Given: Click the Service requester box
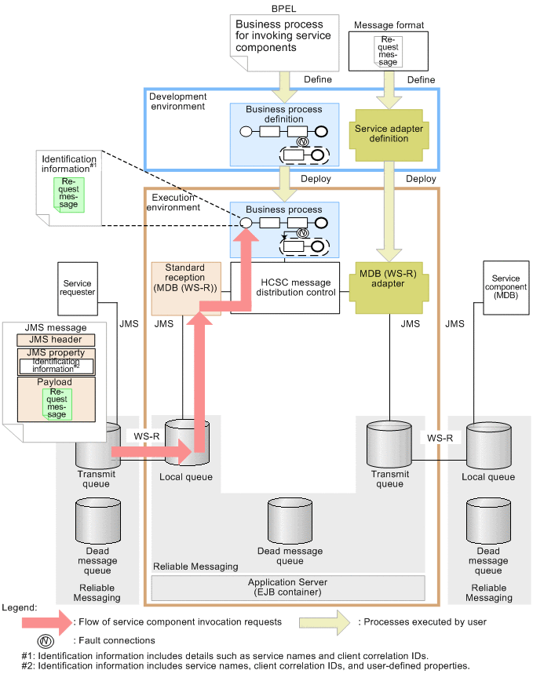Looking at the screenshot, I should click(x=77, y=288).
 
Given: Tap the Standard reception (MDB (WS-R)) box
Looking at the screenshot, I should click(x=185, y=288).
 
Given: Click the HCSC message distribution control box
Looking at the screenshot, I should click(x=284, y=288).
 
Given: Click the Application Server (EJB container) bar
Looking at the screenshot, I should click(x=287, y=588).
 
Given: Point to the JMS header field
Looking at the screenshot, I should click(x=56, y=340).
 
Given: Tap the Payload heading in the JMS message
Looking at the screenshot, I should click(x=56, y=382).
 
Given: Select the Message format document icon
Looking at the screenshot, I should click(x=389, y=52).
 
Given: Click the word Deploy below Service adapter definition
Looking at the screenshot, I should click(x=422, y=179).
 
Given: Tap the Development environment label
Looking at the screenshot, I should click(x=177, y=100).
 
